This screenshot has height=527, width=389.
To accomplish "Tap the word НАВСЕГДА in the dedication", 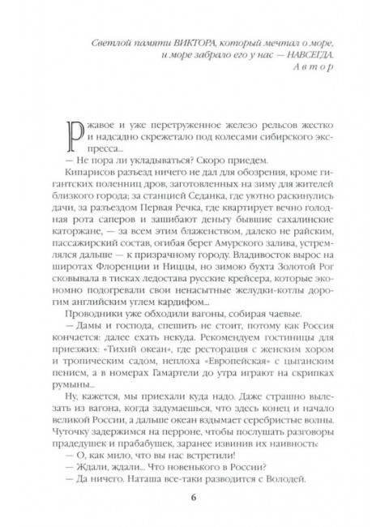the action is (302, 54).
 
